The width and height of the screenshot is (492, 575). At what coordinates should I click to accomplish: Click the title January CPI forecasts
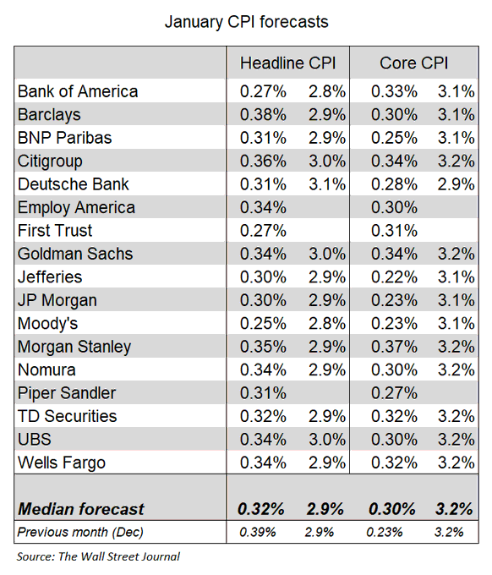[245, 21]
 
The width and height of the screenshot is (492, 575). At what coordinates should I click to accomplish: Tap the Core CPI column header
[414, 63]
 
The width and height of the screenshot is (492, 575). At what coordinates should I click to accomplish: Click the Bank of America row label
[77, 91]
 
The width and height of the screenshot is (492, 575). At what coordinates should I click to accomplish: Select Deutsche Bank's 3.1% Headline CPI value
[325, 184]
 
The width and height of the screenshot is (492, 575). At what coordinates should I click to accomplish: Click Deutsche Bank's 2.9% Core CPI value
[454, 184]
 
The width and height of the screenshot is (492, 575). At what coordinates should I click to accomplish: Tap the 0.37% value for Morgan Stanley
[391, 347]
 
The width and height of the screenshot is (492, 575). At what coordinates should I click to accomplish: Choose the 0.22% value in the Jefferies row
[391, 277]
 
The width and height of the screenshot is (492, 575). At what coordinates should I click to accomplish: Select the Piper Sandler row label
[67, 393]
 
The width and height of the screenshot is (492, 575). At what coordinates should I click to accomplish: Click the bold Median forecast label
[81, 509]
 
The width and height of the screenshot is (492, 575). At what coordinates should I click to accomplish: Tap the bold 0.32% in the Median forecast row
[261, 509]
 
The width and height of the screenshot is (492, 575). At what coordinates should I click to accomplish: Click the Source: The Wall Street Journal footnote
[98, 556]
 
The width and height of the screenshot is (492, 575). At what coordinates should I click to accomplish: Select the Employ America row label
[76, 207]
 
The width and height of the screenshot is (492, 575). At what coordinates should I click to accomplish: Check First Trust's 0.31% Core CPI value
[391, 231]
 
